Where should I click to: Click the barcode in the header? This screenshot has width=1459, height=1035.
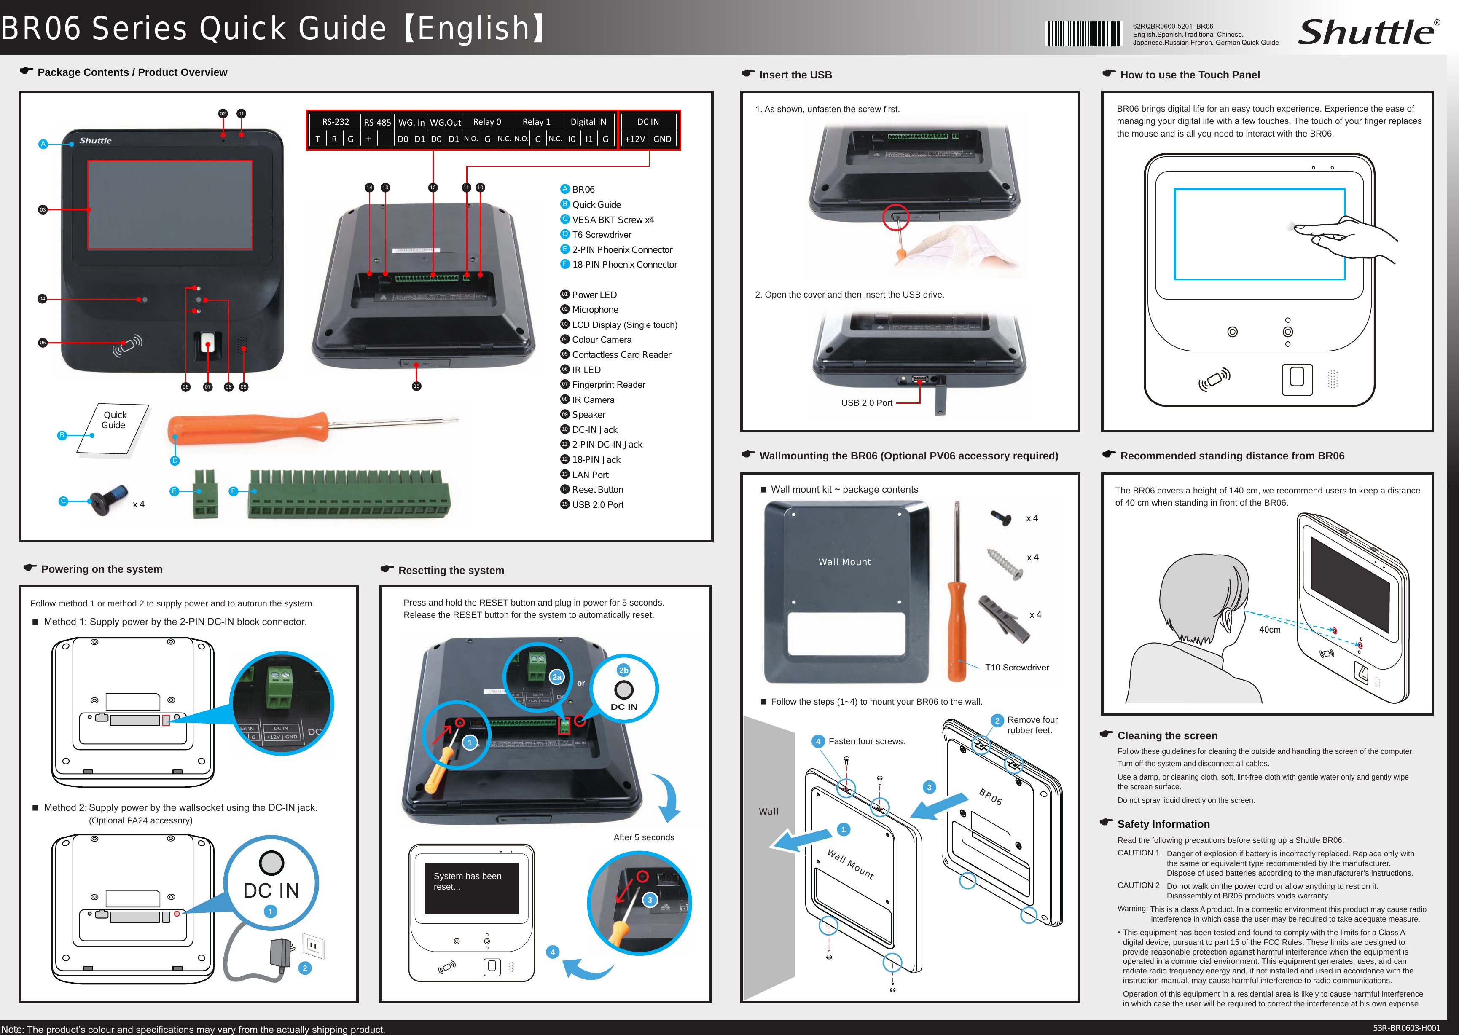coord(1082,34)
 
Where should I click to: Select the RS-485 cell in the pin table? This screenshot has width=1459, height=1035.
coord(377,122)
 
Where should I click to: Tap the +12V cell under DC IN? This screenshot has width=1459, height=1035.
coord(635,139)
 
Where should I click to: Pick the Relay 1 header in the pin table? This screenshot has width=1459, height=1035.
coord(536,122)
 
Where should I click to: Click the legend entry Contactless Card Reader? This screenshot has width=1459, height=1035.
coord(621,354)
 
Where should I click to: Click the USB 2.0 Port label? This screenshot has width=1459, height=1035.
coord(866,403)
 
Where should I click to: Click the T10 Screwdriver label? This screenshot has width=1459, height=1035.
coord(1017,667)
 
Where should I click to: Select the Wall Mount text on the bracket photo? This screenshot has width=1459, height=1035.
coord(844,562)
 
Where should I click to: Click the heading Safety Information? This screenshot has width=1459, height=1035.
coord(1163,824)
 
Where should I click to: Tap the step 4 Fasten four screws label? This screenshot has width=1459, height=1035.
coord(866,741)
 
